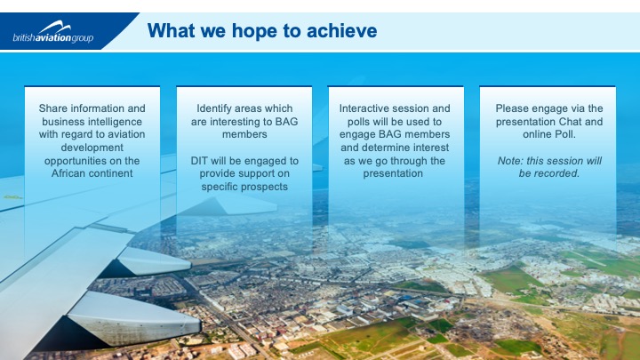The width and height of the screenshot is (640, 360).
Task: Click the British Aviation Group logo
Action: [x=53, y=32]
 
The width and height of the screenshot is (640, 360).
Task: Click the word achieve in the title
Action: [x=341, y=30]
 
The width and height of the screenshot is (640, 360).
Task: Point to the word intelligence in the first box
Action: [x=116, y=122]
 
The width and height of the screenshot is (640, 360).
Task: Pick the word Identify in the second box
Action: [x=214, y=108]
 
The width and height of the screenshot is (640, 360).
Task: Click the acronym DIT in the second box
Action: [x=199, y=161]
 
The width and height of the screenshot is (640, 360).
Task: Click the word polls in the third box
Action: [x=358, y=122]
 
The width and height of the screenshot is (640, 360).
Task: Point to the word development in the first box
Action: [x=92, y=148]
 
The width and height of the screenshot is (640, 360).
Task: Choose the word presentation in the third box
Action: [x=393, y=173]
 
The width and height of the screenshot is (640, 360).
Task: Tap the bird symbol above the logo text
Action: [x=55, y=28]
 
